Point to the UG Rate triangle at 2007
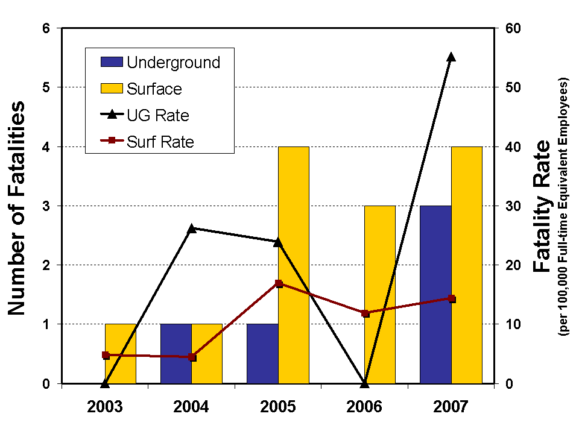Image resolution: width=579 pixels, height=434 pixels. pyautogui.click(x=451, y=57)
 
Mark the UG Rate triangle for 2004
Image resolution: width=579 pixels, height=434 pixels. pyautogui.click(x=192, y=228)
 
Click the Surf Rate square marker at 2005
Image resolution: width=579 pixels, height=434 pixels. pyautogui.click(x=279, y=283)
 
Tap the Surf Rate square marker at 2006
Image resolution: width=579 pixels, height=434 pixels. pyautogui.click(x=365, y=313)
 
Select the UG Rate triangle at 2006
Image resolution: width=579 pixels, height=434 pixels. pyautogui.click(x=365, y=383)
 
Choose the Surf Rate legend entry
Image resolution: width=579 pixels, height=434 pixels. pyautogui.click(x=159, y=142)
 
